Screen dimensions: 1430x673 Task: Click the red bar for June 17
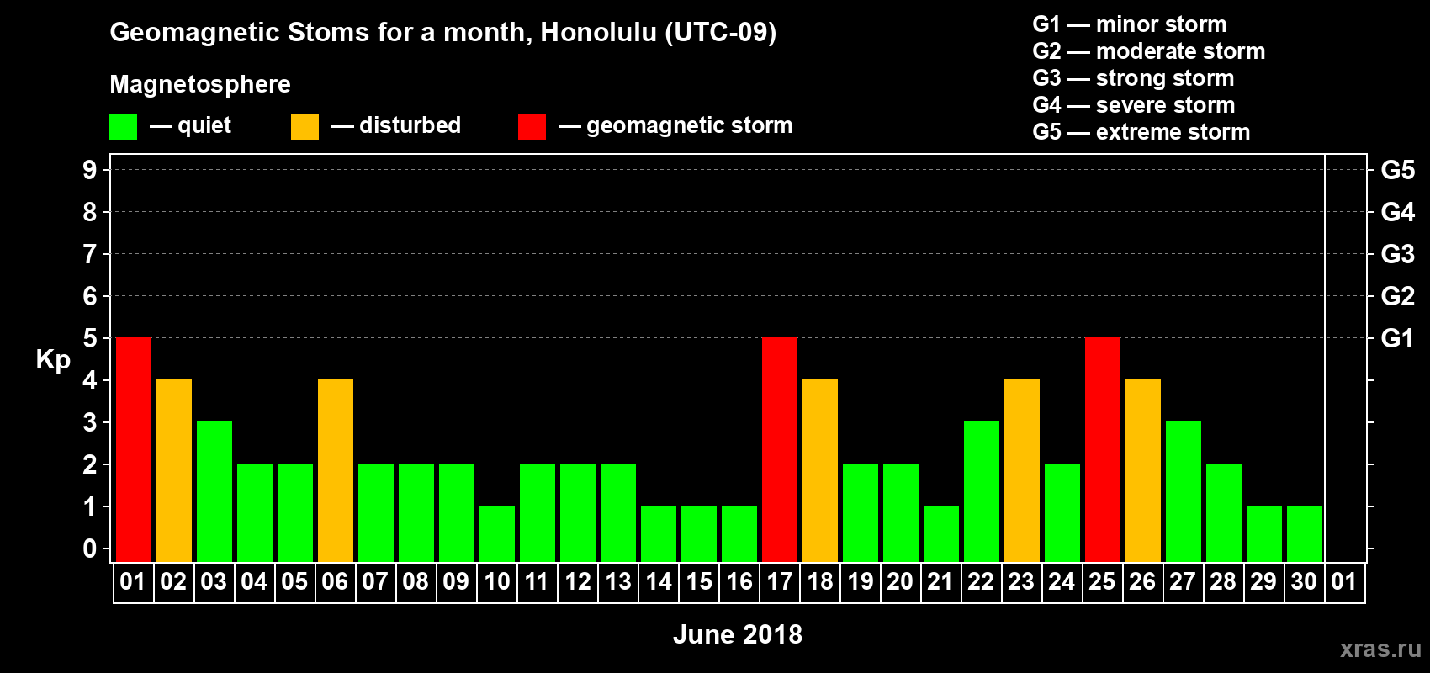pos(780,449)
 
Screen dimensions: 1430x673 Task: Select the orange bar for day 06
pos(335,470)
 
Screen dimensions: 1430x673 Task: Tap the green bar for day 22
pos(981,491)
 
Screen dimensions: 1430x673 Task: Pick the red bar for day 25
pos(1103,449)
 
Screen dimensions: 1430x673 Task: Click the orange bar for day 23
pos(1021,470)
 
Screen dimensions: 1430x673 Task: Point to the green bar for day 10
pos(496,534)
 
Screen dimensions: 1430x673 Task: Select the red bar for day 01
pos(134,449)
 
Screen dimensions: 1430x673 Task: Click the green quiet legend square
pos(123,126)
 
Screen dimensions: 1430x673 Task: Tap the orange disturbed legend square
pos(305,126)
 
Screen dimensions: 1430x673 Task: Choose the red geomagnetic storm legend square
pos(532,126)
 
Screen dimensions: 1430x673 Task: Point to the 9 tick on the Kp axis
pos(89,170)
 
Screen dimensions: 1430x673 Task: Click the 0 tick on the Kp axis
pos(89,548)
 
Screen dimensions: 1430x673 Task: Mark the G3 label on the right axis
pos(1397,254)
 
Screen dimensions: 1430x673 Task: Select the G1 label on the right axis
pos(1397,338)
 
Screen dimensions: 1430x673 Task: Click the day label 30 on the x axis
pos(1303,581)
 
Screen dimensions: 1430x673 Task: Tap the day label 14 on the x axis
pos(658,581)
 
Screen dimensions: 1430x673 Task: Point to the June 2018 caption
pos(738,634)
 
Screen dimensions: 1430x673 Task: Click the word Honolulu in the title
pos(598,32)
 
